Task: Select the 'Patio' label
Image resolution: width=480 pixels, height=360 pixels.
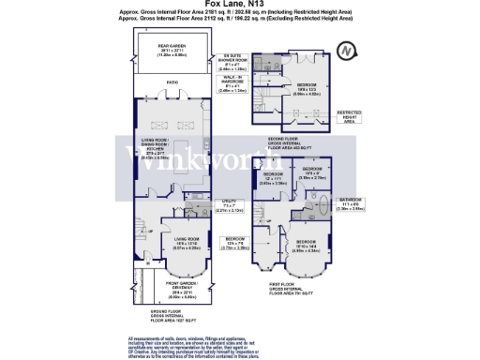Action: (x=172, y=82)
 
